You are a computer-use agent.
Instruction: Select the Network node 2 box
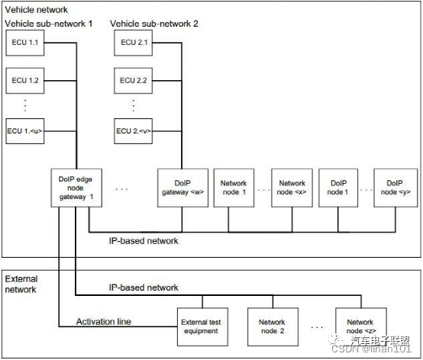(x=272, y=326)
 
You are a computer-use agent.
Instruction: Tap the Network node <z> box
(x=361, y=326)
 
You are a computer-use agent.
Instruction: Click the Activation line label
(x=105, y=321)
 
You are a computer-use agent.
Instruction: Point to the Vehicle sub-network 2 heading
(x=154, y=24)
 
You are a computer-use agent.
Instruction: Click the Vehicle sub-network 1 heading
(x=48, y=24)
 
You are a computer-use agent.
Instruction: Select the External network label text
(x=22, y=284)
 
